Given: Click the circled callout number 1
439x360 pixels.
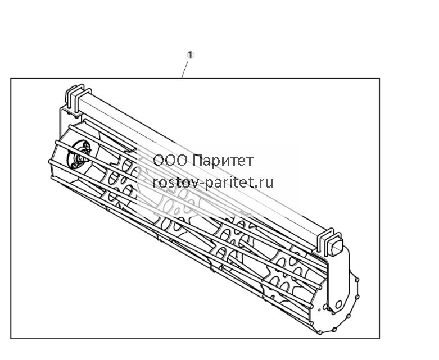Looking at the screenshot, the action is click(x=191, y=55).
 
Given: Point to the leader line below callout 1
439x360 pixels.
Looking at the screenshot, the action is click(x=185, y=70).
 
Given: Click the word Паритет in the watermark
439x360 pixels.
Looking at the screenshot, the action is click(x=223, y=161).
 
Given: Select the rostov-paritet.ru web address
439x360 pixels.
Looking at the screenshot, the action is click(x=213, y=183).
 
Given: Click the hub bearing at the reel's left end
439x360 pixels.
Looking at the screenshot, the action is click(x=79, y=154).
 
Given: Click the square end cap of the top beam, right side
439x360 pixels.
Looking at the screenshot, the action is click(x=337, y=245).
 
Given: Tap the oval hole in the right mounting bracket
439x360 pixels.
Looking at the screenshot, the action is click(x=338, y=304).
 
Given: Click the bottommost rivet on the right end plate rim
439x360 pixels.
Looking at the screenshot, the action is click(x=320, y=332).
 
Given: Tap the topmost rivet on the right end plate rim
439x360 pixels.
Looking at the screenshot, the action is click(x=357, y=279).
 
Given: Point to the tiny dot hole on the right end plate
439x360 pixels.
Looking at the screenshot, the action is click(x=319, y=310).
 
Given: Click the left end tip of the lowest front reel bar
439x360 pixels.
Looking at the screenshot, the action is click(x=52, y=178).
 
